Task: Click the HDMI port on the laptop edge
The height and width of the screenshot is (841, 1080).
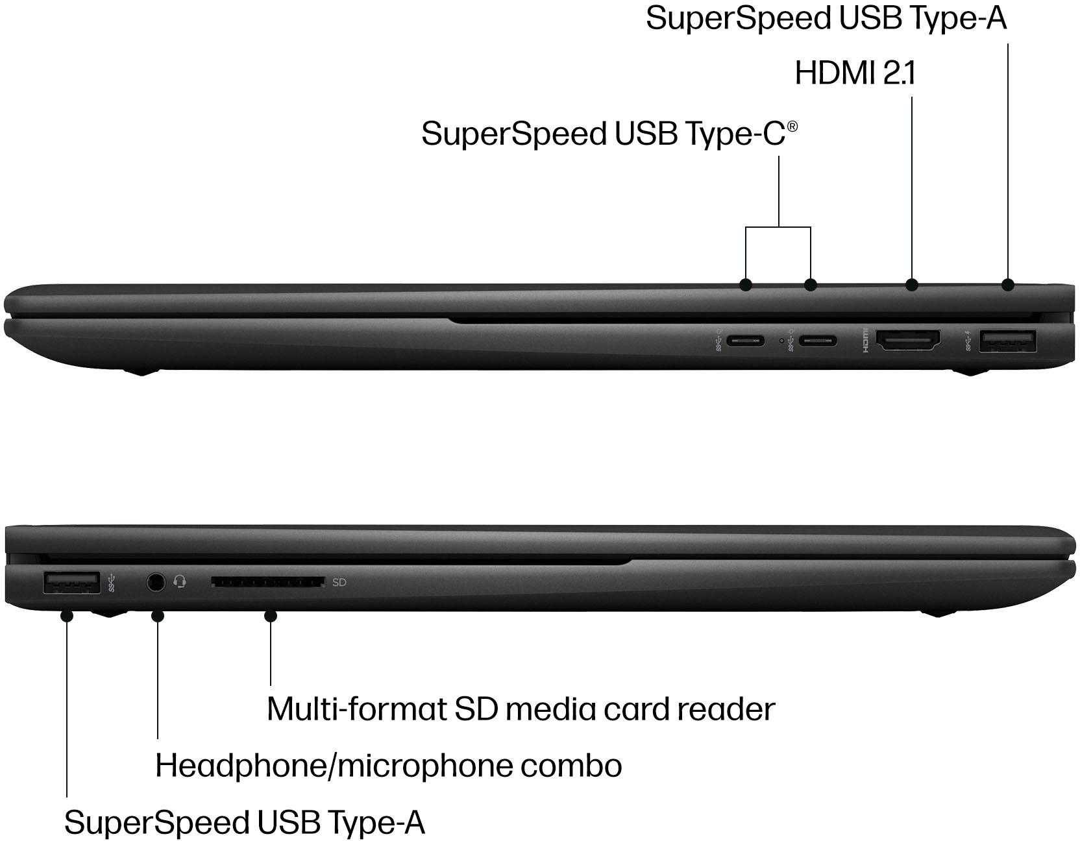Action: pyautogui.click(x=908, y=341)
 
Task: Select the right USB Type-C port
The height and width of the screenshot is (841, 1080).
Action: pyautogui.click(x=818, y=341)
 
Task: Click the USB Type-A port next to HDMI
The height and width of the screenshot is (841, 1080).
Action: pyautogui.click(x=1009, y=341)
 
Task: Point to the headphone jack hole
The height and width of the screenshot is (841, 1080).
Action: pyautogui.click(x=155, y=581)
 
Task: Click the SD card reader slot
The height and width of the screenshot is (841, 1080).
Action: pyautogui.click(x=268, y=582)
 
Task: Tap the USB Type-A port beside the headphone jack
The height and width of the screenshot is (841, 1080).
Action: pyautogui.click(x=71, y=582)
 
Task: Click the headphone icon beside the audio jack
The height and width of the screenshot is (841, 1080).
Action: pyautogui.click(x=180, y=581)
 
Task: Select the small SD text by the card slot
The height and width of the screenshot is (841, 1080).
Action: pyautogui.click(x=339, y=582)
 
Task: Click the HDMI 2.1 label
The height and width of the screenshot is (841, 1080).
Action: pyautogui.click(x=855, y=73)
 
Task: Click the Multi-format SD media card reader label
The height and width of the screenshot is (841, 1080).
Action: pyautogui.click(x=521, y=709)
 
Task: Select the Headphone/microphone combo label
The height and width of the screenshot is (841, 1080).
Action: pyautogui.click(x=388, y=766)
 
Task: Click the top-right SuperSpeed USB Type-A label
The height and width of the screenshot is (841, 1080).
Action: pyautogui.click(x=826, y=18)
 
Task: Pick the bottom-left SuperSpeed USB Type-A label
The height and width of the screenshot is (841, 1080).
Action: pyautogui.click(x=245, y=822)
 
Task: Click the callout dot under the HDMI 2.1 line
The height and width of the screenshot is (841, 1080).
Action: pyautogui.click(x=912, y=284)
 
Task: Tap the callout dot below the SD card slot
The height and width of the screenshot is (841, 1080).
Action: pyautogui.click(x=271, y=615)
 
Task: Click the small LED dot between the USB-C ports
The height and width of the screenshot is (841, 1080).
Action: pyautogui.click(x=781, y=341)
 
